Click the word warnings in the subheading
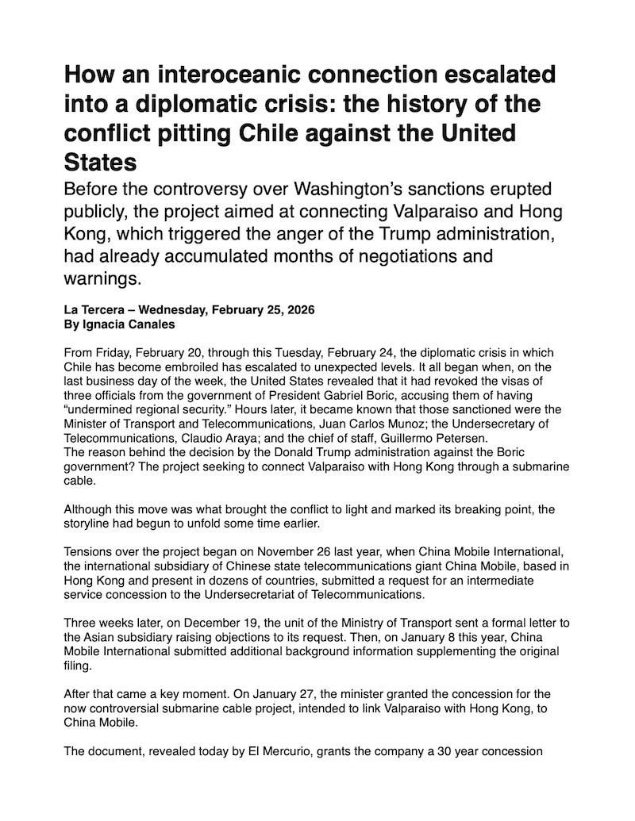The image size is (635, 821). [x=102, y=278]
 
